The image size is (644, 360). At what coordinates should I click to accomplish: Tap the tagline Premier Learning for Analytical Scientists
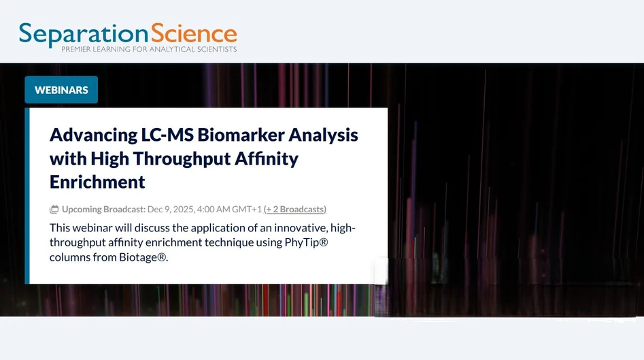click(149, 50)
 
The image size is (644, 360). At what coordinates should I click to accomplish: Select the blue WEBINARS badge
click(61, 90)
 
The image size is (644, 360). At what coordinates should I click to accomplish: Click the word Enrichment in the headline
click(97, 182)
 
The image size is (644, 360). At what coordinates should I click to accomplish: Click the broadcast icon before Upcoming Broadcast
click(54, 210)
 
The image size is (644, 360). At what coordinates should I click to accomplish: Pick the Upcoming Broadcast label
click(103, 210)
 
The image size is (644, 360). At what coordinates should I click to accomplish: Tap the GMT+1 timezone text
click(248, 210)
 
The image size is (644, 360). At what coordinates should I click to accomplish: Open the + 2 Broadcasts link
click(295, 210)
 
